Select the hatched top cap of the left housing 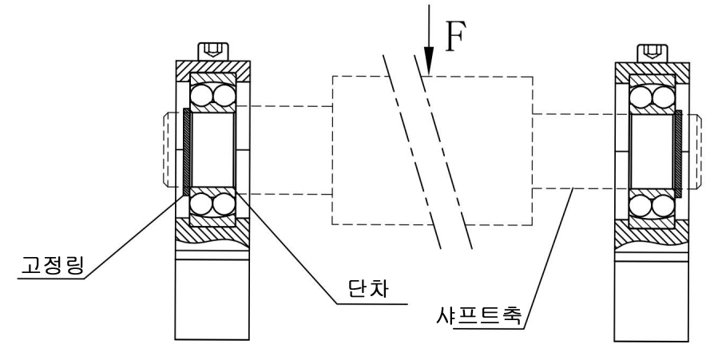pos(212,69)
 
